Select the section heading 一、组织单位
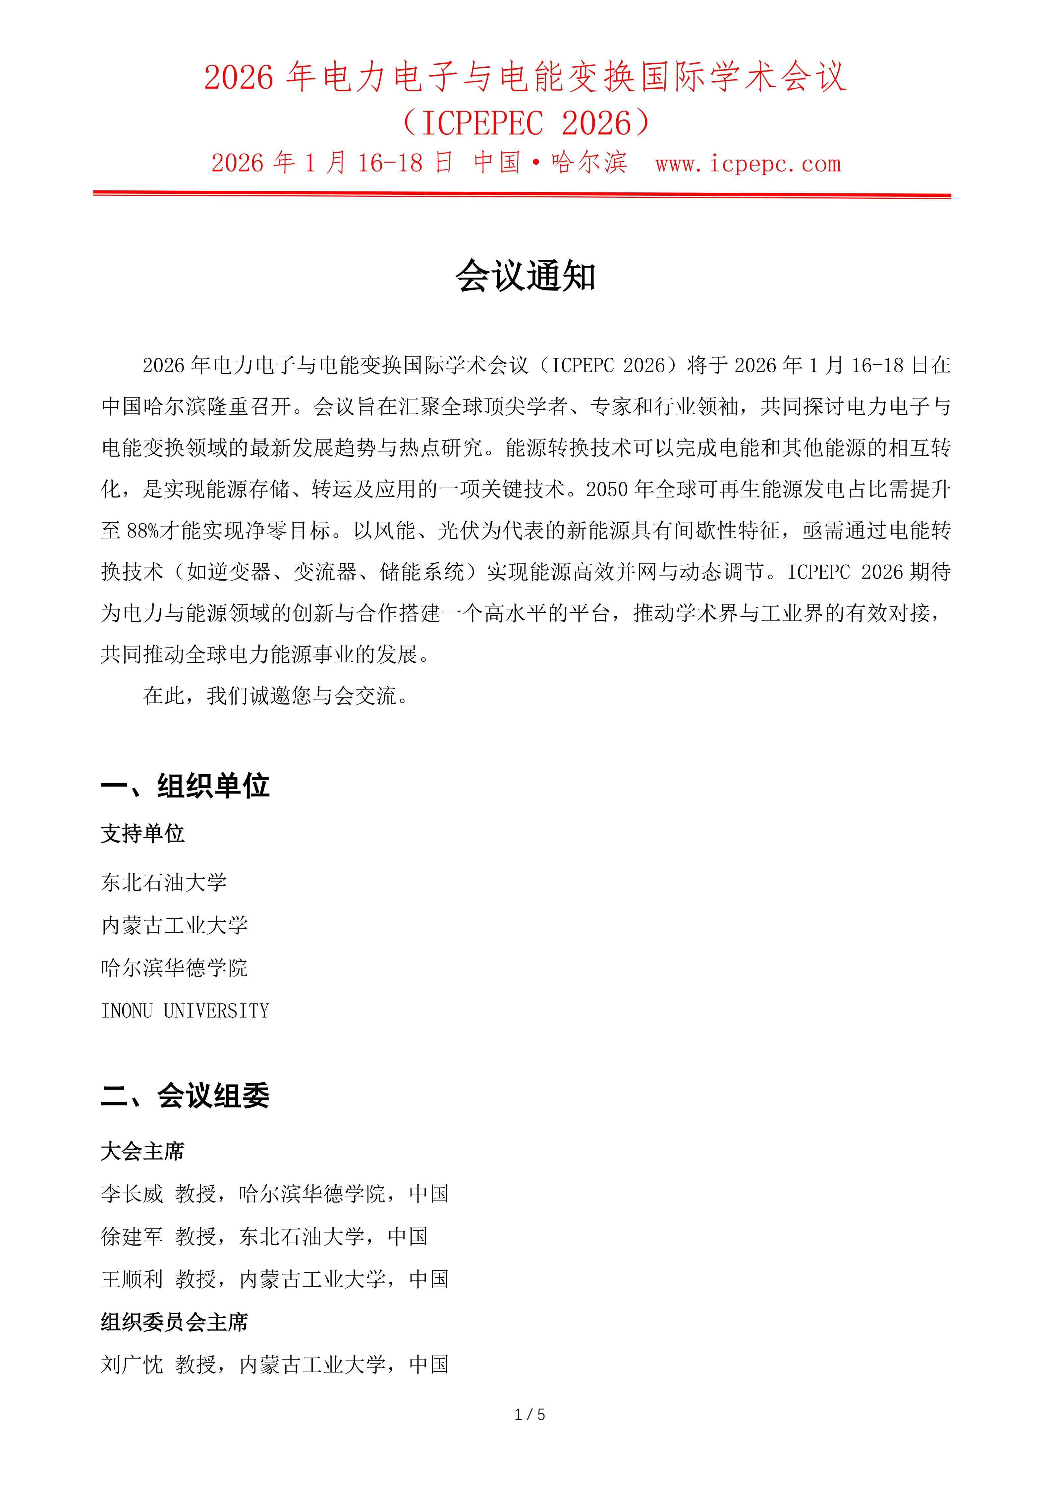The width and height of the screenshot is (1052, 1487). tap(185, 786)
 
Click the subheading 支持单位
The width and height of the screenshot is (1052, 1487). tap(142, 834)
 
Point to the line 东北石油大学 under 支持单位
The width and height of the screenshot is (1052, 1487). tap(164, 882)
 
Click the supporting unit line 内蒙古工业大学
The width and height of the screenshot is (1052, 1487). tap(174, 925)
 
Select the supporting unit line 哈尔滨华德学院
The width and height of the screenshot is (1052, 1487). tap(174, 968)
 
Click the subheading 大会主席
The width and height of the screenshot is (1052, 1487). tap(142, 1151)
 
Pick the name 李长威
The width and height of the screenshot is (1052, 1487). tap(132, 1194)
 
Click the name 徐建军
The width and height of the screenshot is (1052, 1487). tap(132, 1236)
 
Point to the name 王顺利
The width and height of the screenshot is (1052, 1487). tap(132, 1279)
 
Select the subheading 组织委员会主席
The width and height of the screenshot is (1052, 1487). tap(174, 1322)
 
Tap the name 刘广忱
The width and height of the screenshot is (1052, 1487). tap(132, 1364)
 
